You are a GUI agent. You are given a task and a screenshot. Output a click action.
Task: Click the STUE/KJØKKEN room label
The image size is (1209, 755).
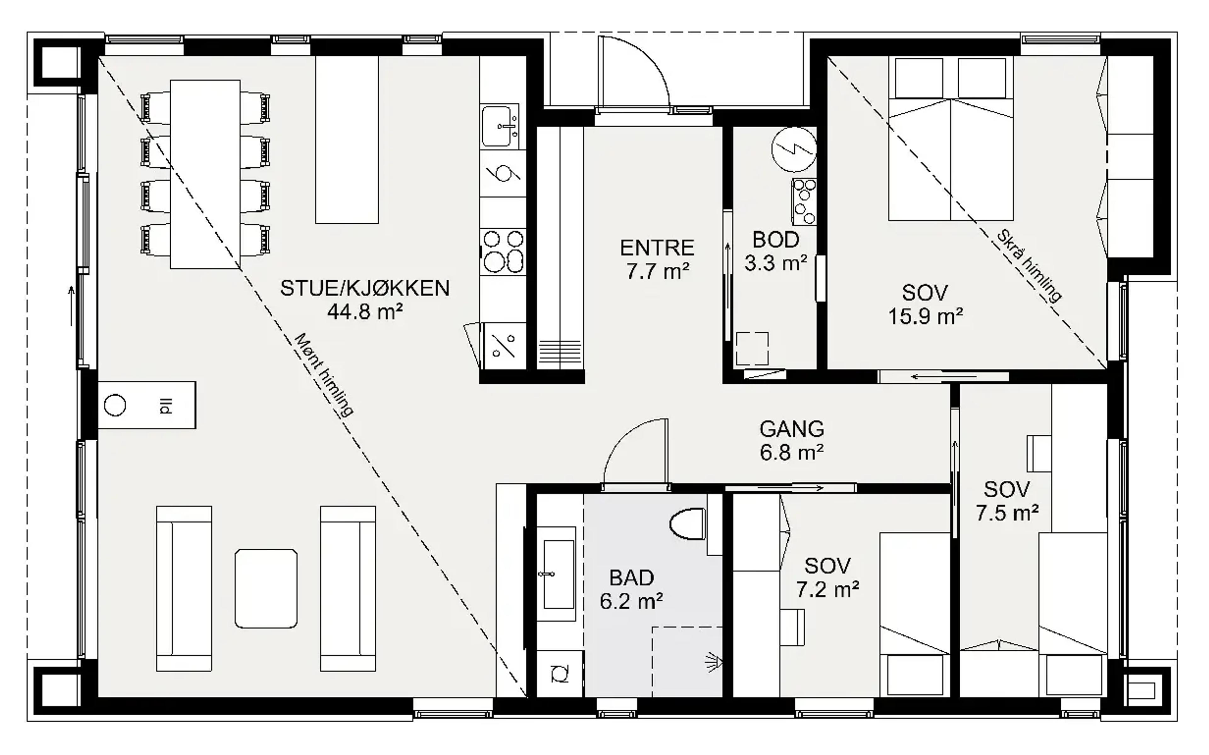(365, 288)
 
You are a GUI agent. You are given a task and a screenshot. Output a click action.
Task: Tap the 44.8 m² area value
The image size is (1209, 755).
(365, 312)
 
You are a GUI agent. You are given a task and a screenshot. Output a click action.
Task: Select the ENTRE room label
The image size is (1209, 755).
(657, 248)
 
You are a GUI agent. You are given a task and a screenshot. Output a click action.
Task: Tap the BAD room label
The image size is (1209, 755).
(631, 578)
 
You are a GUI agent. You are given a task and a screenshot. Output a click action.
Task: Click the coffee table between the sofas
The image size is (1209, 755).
(266, 588)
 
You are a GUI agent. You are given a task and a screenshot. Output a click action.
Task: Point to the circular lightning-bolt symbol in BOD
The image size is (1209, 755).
(794, 149)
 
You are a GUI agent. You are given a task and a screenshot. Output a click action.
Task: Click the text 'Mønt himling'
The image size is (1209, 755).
(324, 375)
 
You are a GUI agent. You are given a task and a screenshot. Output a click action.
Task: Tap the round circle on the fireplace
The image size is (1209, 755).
(115, 405)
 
